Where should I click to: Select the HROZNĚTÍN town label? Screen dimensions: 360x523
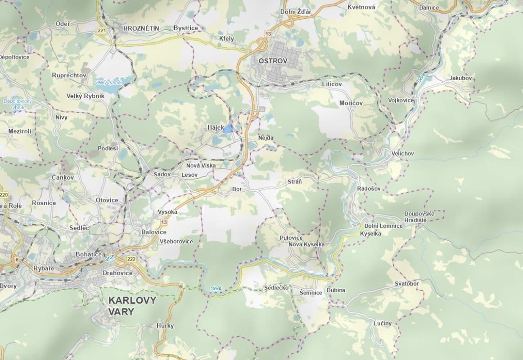tap(141, 28)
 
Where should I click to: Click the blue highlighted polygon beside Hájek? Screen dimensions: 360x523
tap(229, 129)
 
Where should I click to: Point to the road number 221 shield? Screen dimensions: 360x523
tap(101, 31)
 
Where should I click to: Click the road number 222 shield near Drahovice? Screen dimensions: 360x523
tap(131, 259)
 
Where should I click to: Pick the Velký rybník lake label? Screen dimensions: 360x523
tap(108, 82)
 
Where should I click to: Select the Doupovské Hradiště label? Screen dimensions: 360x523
tap(419, 217)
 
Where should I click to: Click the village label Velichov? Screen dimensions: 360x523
tap(402, 154)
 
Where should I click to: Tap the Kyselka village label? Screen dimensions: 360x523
tap(370, 234)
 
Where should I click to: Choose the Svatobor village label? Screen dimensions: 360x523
tap(406, 284)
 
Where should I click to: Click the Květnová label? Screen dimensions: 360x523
tap(361, 7)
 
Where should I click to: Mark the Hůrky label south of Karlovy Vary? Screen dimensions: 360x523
tap(165, 326)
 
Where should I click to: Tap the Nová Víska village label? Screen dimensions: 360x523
tap(201, 166)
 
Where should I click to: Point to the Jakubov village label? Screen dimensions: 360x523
tap(460, 78)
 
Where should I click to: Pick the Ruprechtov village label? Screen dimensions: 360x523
tap(69, 75)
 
